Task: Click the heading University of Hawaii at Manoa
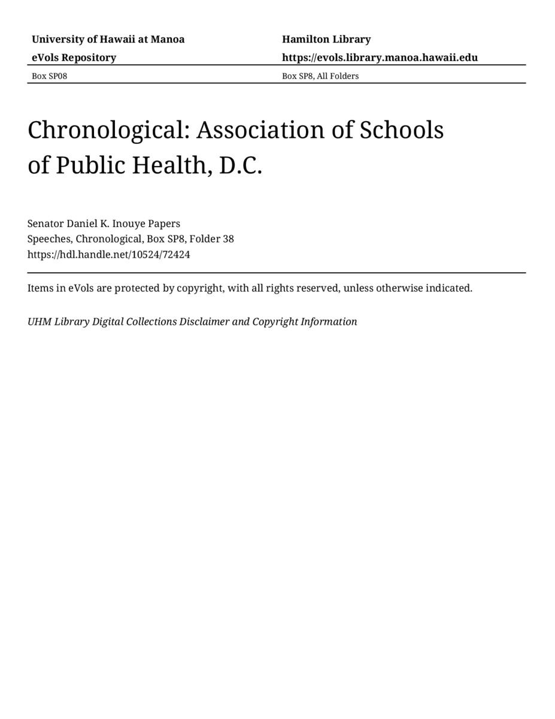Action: tap(108, 40)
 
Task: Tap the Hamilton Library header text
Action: tap(326, 40)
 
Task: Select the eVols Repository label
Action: tap(74, 58)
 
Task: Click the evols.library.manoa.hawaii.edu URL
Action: tap(380, 58)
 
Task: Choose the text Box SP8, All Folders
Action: tap(320, 76)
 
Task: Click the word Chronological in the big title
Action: tap(108, 131)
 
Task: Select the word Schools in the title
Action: tap(401, 131)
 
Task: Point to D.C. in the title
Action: tap(241, 166)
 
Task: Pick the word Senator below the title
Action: tap(46, 223)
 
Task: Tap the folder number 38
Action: tap(228, 239)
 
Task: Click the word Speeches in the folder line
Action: tap(50, 239)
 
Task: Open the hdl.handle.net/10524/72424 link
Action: tap(108, 255)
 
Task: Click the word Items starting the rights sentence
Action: tap(40, 288)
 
